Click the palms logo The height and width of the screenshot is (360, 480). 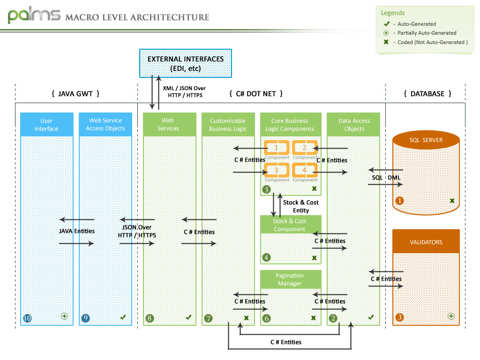pos(34,15)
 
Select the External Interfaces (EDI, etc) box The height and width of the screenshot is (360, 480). pos(186,63)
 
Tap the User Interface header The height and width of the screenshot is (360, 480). pos(46,125)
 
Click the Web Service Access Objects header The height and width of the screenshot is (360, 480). pos(105,125)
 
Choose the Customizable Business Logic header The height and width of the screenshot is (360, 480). pos(228,125)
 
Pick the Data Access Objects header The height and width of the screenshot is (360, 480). pos(354,125)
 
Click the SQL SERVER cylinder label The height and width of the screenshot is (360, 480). pos(426,140)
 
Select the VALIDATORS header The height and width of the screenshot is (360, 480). pos(426,242)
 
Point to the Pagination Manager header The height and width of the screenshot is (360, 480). pos(290,279)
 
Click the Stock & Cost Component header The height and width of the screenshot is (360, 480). pos(290,225)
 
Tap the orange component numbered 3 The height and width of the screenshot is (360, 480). pos(277,170)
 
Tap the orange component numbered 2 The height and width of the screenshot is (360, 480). pos(305,148)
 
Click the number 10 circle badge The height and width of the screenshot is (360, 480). pos(27,318)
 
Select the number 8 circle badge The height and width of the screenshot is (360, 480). pos(150,318)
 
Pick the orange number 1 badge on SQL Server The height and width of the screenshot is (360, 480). pos(400,201)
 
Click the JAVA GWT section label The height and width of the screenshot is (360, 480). pos(75,94)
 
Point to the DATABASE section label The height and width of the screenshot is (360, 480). pos(427,94)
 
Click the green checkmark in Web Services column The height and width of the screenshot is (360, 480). pos(188,317)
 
